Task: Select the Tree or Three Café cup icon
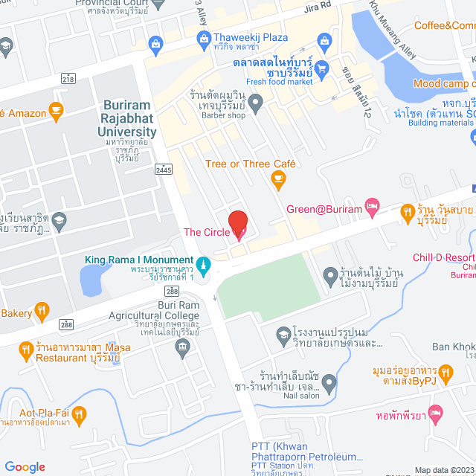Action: click(x=278, y=178)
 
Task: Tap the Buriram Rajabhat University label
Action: click(x=127, y=119)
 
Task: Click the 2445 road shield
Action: click(x=164, y=170)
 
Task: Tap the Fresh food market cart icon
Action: click(x=322, y=69)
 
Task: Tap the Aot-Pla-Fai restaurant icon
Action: click(x=80, y=413)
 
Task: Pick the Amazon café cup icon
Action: click(x=55, y=112)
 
